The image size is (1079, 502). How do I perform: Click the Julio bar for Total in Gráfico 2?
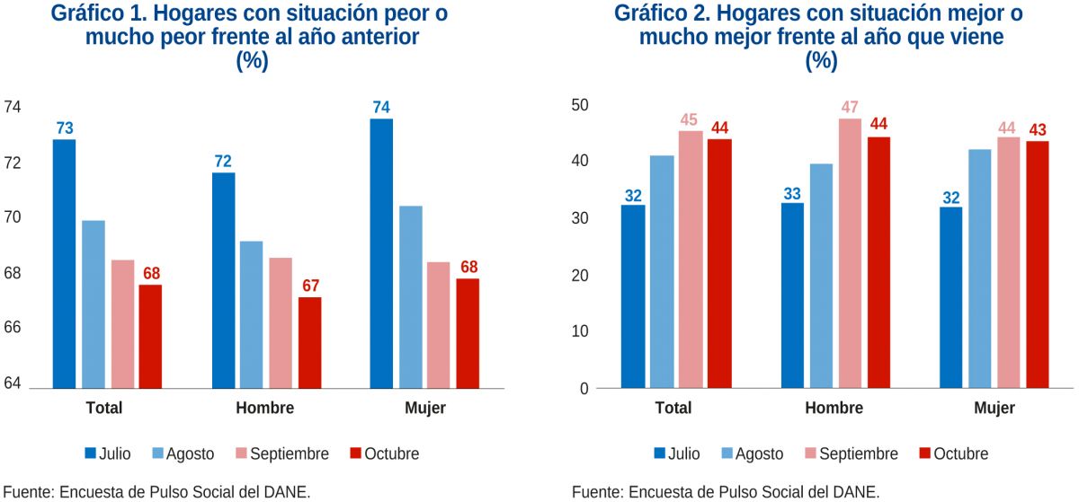click(x=633, y=296)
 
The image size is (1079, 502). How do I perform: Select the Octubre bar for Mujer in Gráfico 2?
click(x=1038, y=264)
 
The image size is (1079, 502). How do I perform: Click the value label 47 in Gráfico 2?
click(x=850, y=108)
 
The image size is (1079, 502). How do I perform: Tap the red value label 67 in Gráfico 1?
click(x=310, y=286)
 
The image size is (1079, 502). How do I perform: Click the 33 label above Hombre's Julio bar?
click(x=792, y=192)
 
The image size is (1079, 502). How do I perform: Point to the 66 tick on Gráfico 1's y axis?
click(x=13, y=329)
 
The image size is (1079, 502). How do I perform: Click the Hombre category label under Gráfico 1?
click(x=264, y=408)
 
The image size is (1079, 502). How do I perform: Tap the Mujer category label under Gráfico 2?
click(x=994, y=408)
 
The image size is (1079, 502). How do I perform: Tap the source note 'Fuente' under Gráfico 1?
click(x=27, y=491)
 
